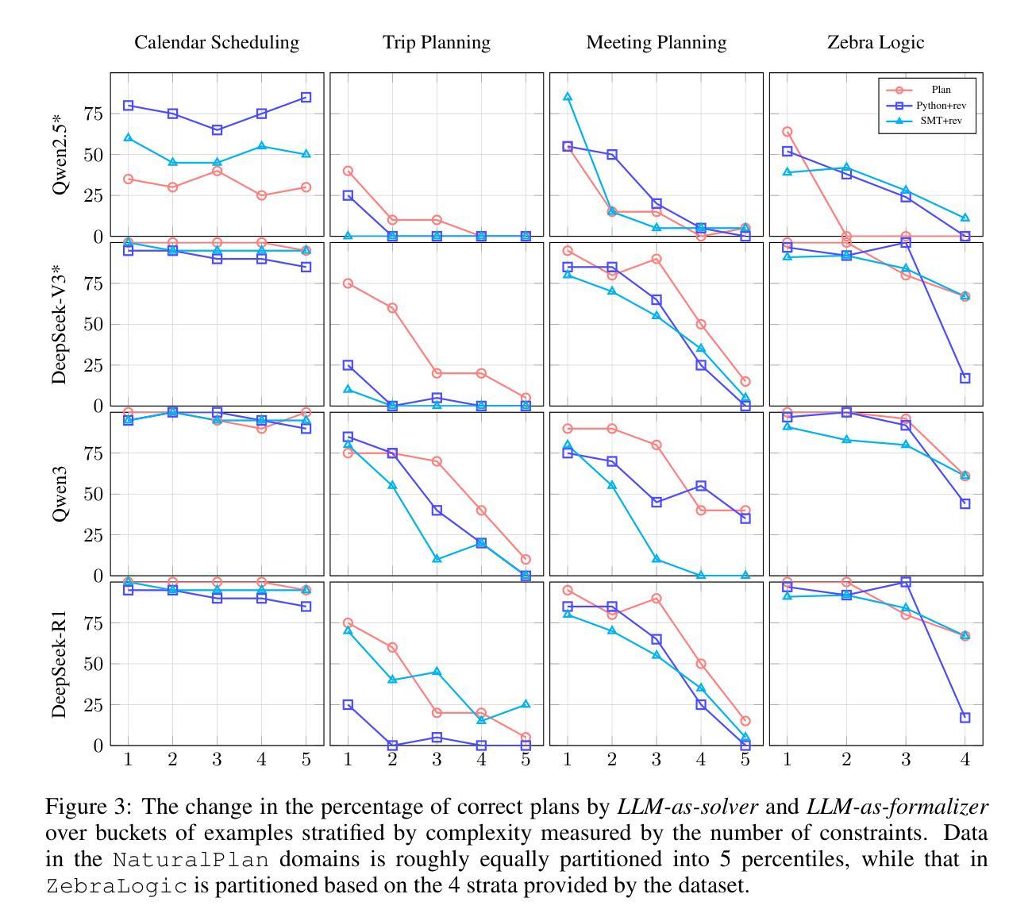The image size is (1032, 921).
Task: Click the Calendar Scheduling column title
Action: (217, 43)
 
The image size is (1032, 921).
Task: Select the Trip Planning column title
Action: (437, 43)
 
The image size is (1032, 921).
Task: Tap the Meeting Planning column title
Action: (657, 43)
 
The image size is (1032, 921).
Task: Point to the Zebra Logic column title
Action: (876, 43)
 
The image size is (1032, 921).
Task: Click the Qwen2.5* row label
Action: (60, 155)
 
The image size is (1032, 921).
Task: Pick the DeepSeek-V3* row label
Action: (60, 324)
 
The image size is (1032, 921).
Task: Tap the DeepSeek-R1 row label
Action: (60, 664)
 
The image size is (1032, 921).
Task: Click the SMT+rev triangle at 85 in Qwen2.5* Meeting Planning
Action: (568, 97)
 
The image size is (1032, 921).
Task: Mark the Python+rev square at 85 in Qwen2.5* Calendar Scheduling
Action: (306, 98)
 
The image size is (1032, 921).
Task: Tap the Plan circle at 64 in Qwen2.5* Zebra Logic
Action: (787, 132)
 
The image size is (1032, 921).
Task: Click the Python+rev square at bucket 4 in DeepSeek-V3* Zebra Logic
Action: (965, 378)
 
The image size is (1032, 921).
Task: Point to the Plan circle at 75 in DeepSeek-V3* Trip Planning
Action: (348, 283)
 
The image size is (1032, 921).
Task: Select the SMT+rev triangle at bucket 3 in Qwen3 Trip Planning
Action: (437, 559)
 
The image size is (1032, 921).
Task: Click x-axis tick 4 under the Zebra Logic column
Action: (965, 760)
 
